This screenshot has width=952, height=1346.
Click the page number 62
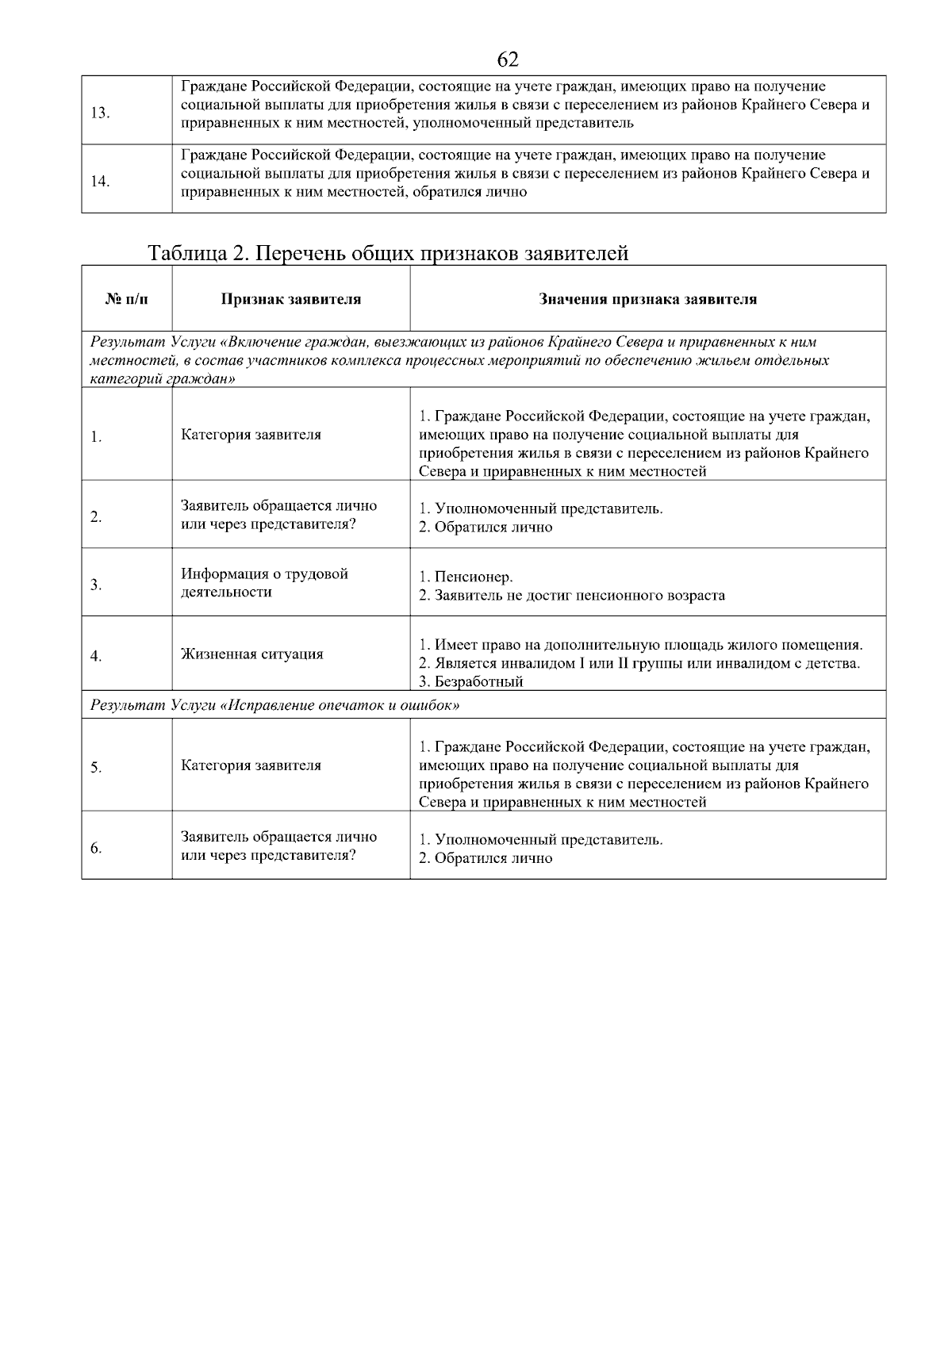[508, 59]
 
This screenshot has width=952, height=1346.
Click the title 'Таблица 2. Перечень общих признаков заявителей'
[389, 253]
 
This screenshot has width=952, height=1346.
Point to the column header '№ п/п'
[126, 299]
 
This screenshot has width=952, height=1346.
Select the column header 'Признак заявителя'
[290, 299]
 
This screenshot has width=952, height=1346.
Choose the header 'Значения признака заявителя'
[647, 299]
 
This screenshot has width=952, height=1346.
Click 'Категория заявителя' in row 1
[251, 435]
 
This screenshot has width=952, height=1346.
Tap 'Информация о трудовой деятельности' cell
[264, 583]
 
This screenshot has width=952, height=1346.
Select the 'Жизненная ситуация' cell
[251, 654]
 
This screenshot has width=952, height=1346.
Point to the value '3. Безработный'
[471, 681]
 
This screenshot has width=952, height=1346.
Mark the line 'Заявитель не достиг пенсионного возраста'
[579, 595]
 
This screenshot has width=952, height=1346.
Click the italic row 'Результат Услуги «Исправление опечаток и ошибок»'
[275, 704]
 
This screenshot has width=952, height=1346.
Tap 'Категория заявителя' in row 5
[251, 765]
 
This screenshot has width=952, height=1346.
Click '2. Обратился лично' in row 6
[486, 858]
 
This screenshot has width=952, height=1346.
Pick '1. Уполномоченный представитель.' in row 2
[540, 508]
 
